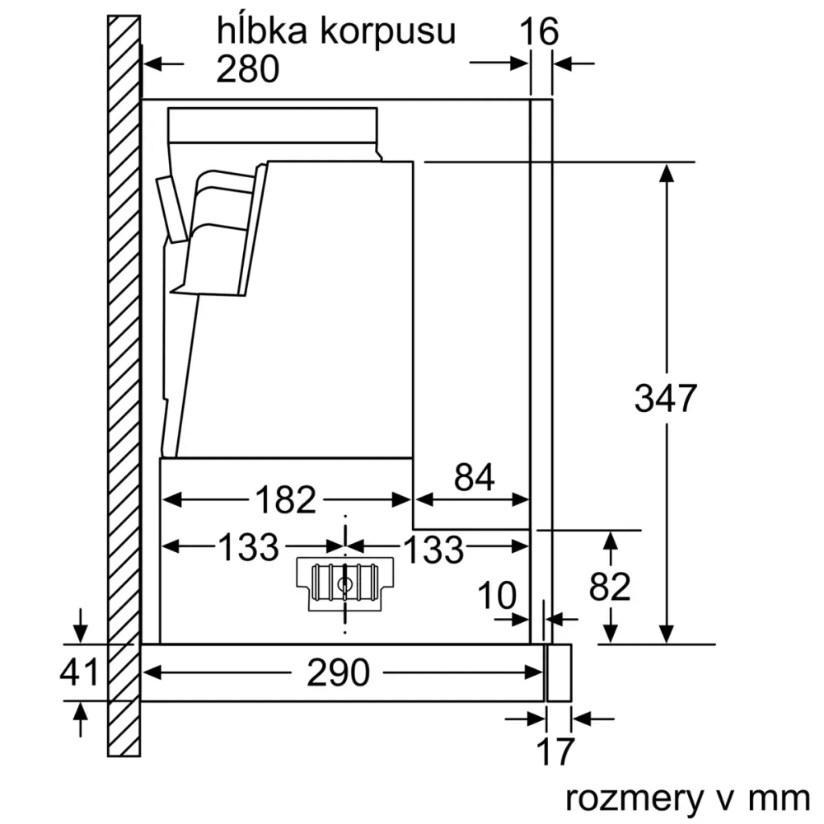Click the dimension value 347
coord(666,399)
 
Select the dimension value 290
coord(338,673)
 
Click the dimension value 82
coord(611,586)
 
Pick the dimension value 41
coord(79,672)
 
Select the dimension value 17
coord(553,752)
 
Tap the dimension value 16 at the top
coord(540,32)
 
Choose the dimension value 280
coord(248,70)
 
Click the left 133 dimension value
coord(248,547)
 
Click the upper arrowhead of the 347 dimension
coord(666,173)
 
